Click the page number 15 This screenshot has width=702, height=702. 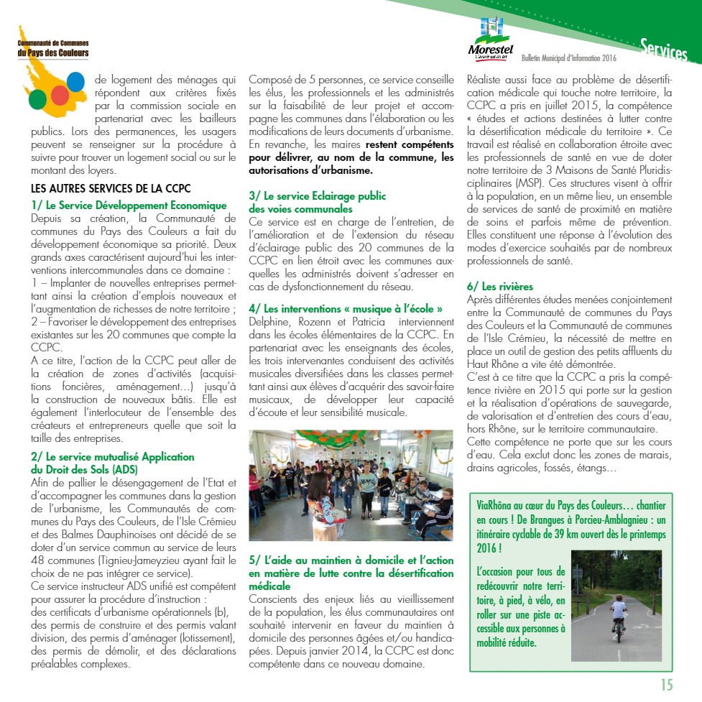667,684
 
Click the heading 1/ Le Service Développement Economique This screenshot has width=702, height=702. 129,205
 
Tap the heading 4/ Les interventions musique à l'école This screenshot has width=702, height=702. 345,309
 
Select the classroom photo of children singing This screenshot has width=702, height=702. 351,485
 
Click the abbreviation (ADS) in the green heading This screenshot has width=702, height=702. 135,469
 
